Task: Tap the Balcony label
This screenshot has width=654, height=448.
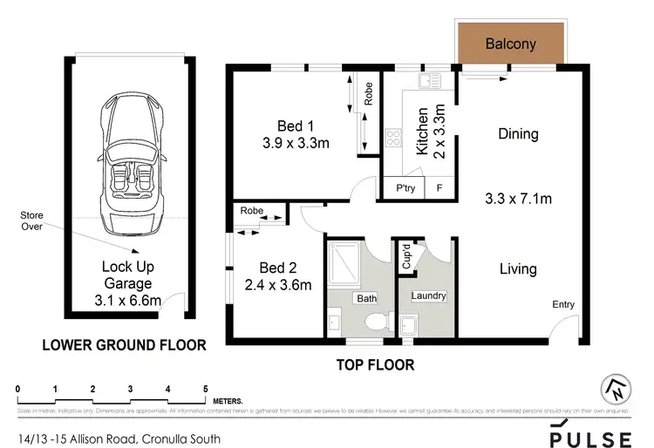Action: coord(510,43)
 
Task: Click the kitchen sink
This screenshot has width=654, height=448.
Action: coord(429,82)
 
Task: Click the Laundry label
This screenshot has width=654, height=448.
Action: coord(427,296)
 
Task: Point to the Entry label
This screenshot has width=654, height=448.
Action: coord(562,304)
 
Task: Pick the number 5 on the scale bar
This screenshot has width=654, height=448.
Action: coord(205,388)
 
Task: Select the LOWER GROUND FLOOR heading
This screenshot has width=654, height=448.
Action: coord(125,345)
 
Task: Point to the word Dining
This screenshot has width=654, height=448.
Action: coord(518,134)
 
